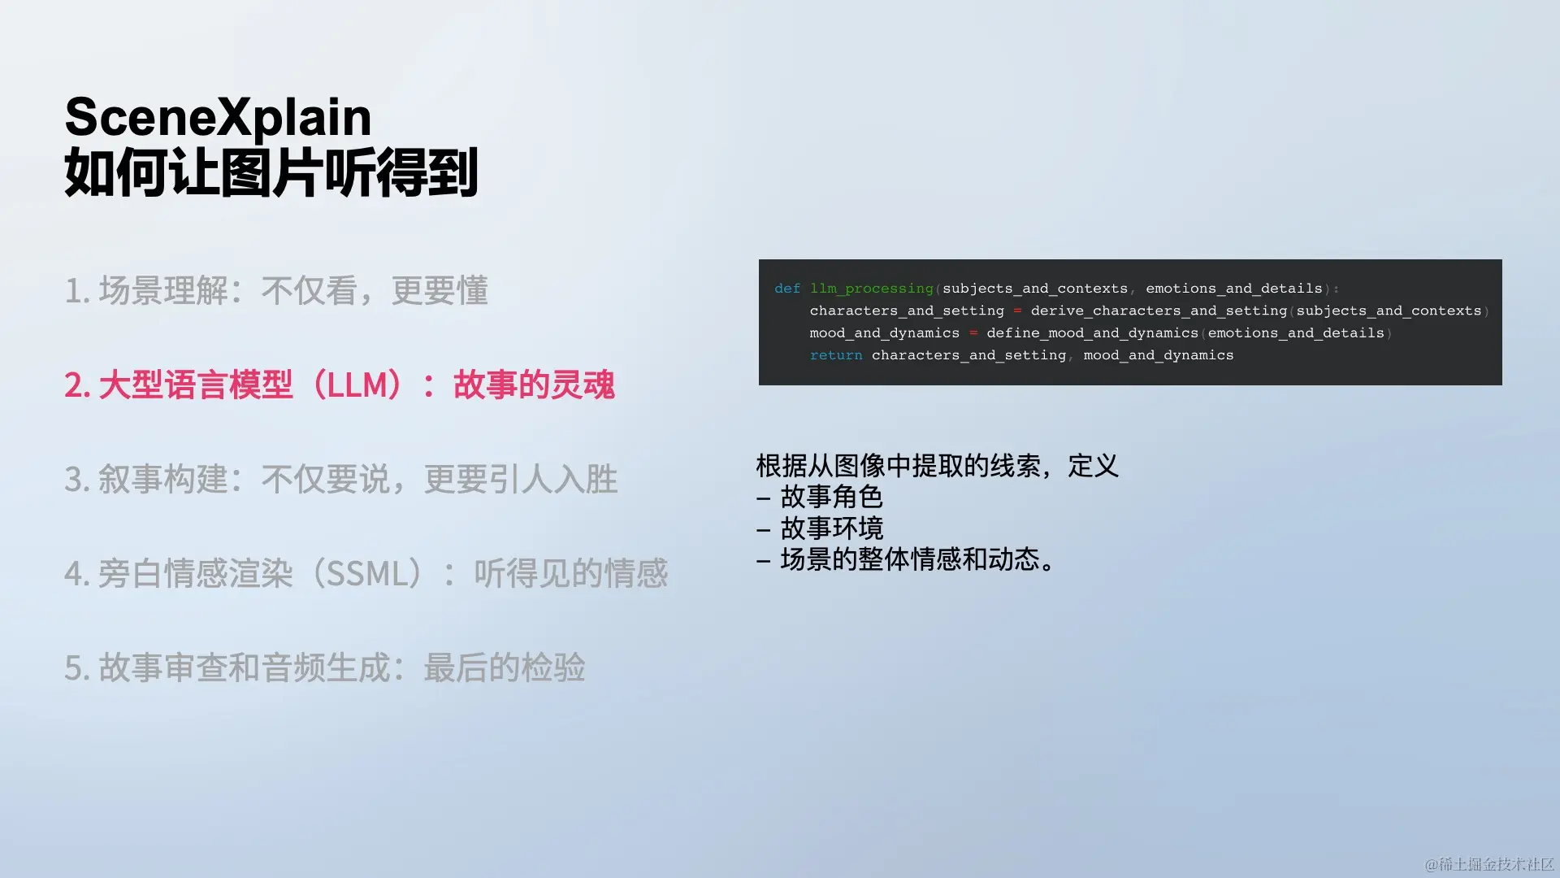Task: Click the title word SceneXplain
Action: coord(218,117)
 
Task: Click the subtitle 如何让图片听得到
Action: coord(271,172)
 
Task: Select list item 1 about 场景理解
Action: coord(276,290)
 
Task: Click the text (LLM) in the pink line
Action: coord(357,385)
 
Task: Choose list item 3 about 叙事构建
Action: coord(341,479)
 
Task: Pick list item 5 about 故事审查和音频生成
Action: coord(325,667)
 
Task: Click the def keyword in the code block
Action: coord(787,289)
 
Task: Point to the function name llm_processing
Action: coord(872,289)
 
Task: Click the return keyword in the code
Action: coord(836,355)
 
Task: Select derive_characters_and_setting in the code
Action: coord(1159,311)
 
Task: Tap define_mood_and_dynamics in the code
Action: coord(1093,333)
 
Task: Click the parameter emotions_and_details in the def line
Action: coord(1234,289)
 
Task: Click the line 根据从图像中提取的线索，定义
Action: coord(938,466)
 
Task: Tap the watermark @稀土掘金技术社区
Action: coord(1489,863)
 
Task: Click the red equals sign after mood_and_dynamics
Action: coord(973,333)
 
